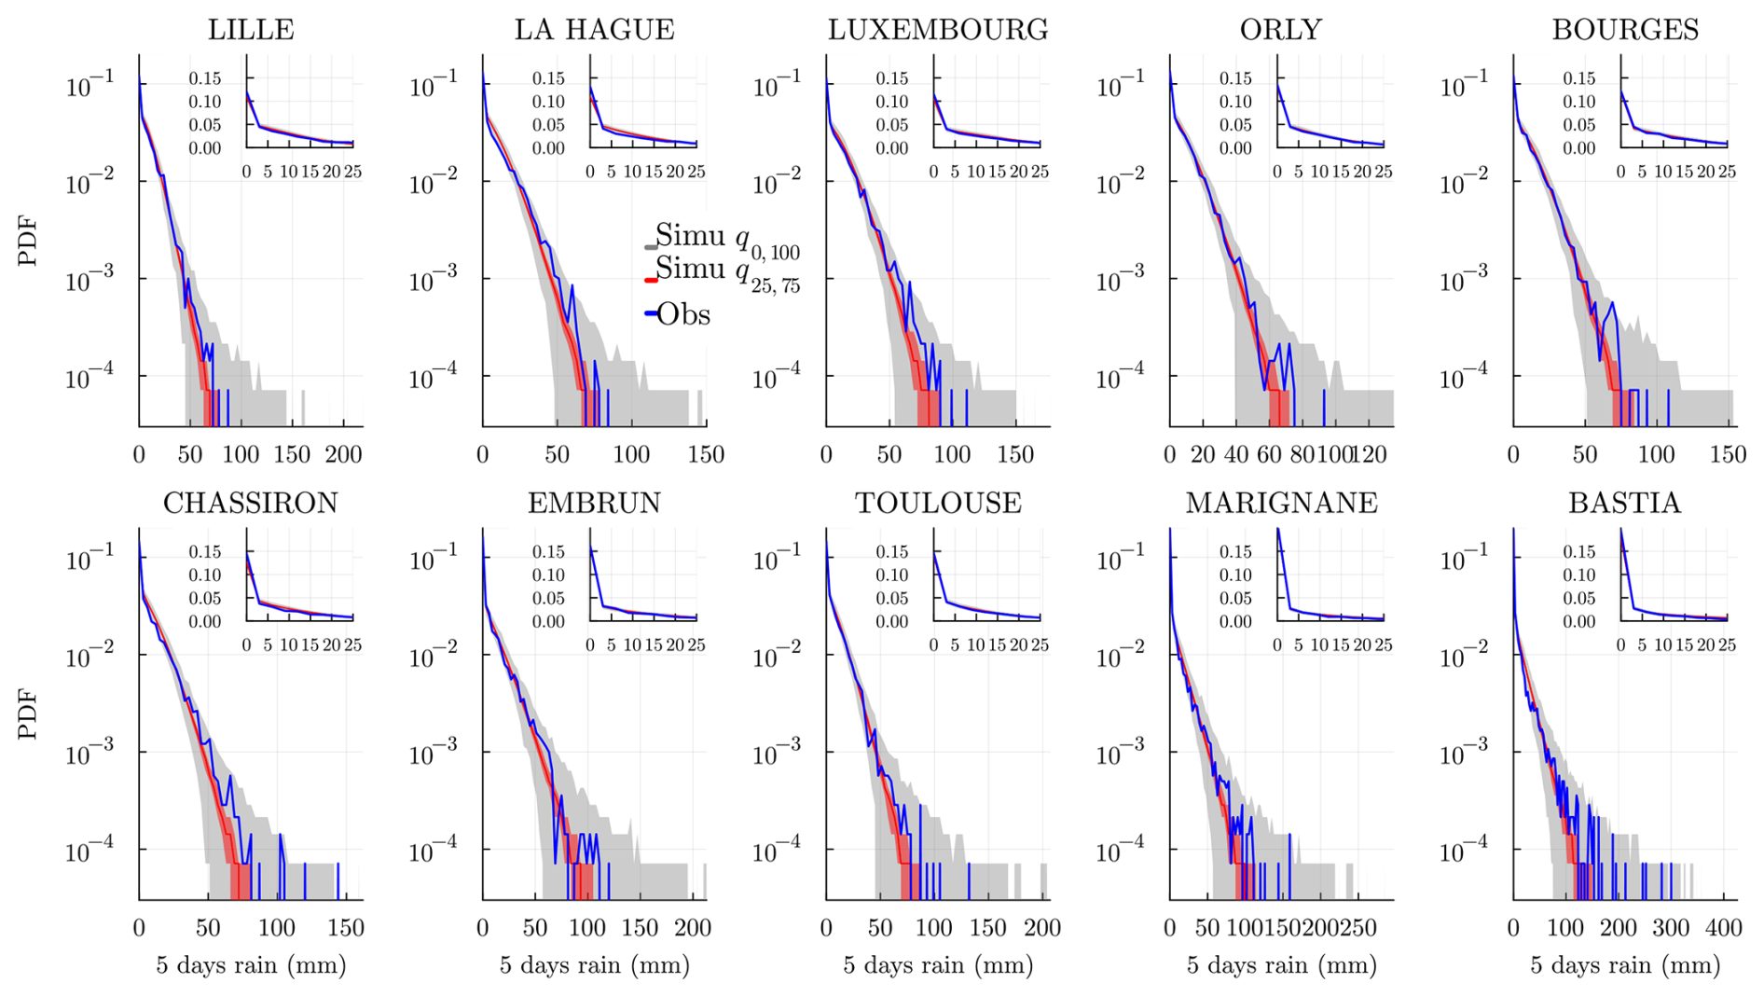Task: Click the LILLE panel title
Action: tap(251, 30)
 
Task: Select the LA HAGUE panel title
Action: tap(594, 30)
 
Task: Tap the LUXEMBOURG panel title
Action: tap(938, 30)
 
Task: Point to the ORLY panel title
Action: tap(1280, 30)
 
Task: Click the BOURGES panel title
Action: tap(1625, 30)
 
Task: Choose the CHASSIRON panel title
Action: tap(251, 503)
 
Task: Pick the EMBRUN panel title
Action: tap(594, 503)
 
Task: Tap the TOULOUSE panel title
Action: tap(938, 503)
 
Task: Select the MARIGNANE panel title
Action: tap(1281, 503)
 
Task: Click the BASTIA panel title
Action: tap(1624, 503)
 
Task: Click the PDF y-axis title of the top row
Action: tap(28, 241)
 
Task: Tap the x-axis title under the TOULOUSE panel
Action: tap(938, 965)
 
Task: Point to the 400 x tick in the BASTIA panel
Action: tap(1723, 928)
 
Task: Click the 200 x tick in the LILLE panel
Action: tap(343, 455)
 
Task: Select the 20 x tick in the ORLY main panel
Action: tap(1203, 455)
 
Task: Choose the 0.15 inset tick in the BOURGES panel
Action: tap(1578, 78)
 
